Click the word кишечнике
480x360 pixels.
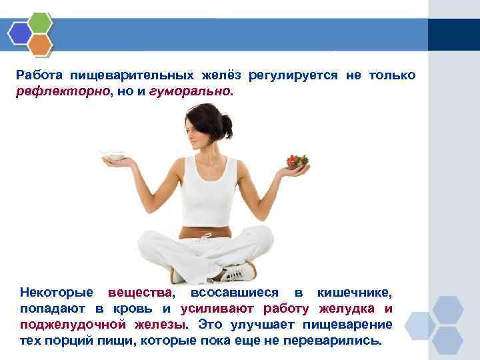355,293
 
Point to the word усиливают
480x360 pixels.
220,309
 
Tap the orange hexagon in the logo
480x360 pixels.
41,45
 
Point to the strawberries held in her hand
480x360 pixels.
297,161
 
